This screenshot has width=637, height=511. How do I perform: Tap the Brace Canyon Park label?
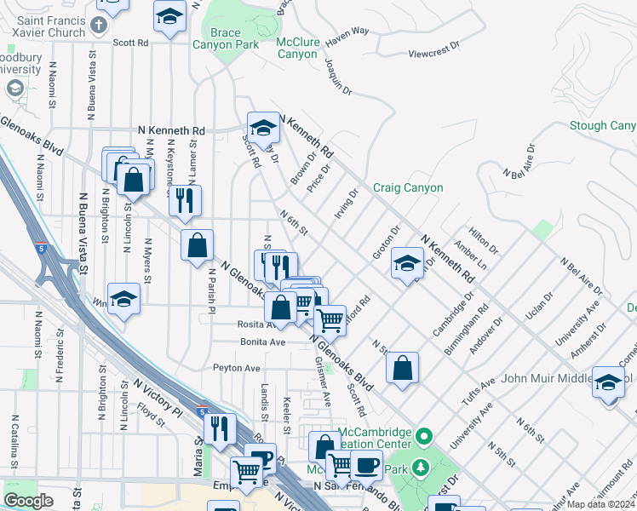224,38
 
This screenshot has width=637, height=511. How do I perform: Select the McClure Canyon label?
297,48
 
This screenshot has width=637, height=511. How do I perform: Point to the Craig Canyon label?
408,187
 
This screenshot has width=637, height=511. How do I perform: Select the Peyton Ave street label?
236,368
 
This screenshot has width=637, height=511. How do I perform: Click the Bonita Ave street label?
261,342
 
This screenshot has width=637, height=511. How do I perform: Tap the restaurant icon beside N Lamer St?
185,200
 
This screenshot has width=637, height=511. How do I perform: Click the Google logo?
28,500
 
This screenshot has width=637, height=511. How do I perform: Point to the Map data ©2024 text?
600,504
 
